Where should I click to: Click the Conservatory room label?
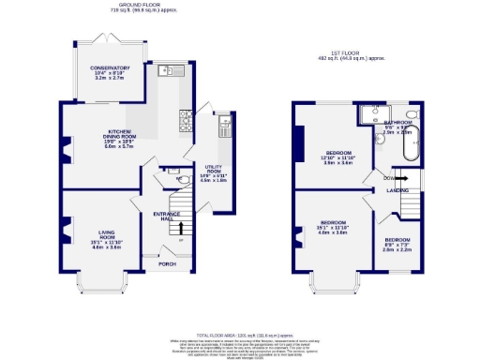pyautogui.click(x=110, y=68)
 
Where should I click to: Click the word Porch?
pyautogui.click(x=167, y=263)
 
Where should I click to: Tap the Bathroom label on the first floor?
pyautogui.click(x=397, y=122)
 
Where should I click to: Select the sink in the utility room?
pyautogui.click(x=223, y=121)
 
